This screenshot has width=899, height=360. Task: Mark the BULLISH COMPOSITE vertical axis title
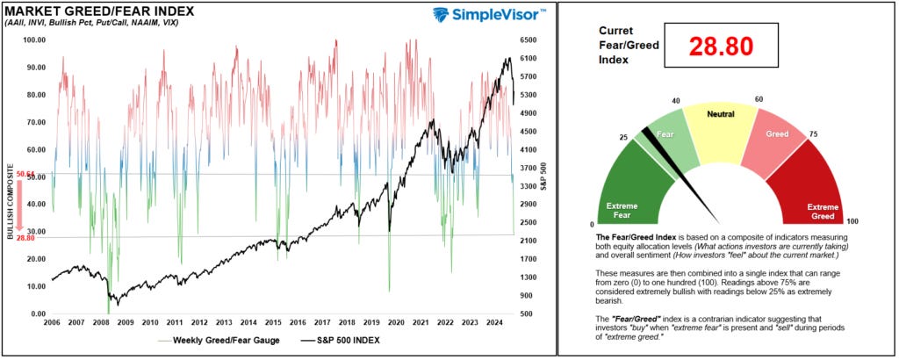[9, 202]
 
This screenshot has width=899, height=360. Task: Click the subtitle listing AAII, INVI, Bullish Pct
[91, 23]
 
